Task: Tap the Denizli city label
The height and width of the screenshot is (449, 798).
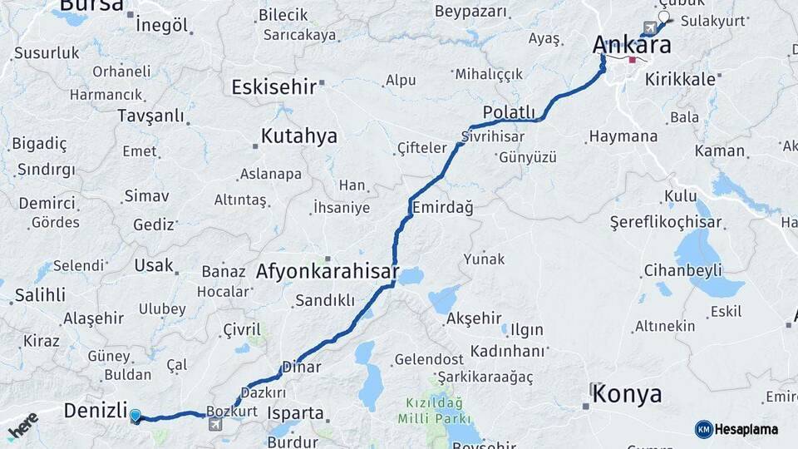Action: click(96, 410)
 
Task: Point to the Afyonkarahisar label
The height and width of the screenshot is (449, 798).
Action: click(327, 272)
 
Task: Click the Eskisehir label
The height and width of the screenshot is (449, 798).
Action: click(273, 86)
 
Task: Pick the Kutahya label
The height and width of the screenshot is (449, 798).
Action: click(299, 136)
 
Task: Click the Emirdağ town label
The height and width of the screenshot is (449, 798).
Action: click(441, 208)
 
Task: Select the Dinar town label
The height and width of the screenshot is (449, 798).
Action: click(301, 366)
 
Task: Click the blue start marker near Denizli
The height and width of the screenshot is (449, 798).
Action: click(135, 415)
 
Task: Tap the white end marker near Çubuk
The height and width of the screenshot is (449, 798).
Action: click(663, 17)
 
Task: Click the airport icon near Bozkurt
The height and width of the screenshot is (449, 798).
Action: click(215, 425)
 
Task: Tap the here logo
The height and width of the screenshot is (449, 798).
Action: click(22, 427)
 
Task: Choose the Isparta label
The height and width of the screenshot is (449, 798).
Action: click(296, 412)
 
